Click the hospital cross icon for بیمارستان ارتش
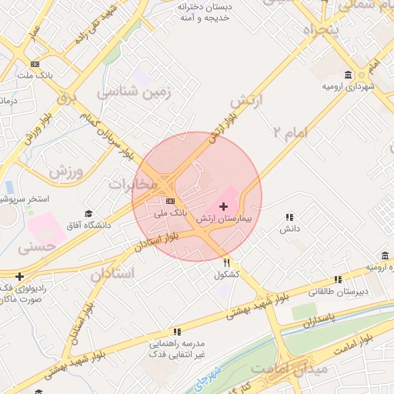point(223,206)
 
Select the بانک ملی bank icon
point(170,201)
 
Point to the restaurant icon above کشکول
point(226,262)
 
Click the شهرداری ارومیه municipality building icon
point(349,75)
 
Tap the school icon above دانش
point(289,218)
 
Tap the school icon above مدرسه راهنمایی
point(177,332)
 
